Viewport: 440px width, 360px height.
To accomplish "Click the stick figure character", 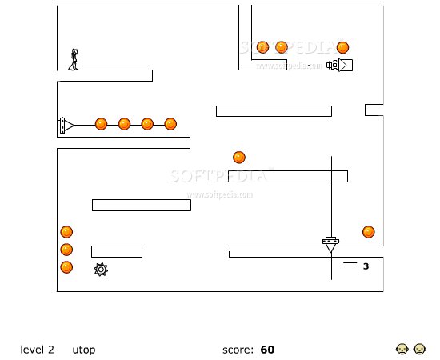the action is tap(74, 59).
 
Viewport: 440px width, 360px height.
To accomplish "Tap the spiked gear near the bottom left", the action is tap(101, 270).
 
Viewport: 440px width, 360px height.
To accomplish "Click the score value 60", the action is tap(267, 350).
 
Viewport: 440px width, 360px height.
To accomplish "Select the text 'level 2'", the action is tap(37, 350).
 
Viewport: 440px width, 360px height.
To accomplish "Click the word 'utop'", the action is tap(84, 350).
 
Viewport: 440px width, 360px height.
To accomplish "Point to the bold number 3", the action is tap(366, 266).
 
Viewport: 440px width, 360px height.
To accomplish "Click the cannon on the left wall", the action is tap(66, 125).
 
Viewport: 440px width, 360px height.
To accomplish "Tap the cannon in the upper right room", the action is tap(339, 65).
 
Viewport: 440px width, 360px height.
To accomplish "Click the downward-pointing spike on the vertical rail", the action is tap(331, 245).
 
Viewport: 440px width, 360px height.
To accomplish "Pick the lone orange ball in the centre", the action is tap(239, 158).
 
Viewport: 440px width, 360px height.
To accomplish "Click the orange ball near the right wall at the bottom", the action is tap(369, 232).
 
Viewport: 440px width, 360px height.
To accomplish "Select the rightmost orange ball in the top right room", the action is tap(342, 47).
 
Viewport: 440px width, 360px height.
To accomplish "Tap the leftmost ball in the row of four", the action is tap(101, 124).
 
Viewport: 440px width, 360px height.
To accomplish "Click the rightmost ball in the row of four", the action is tap(170, 124).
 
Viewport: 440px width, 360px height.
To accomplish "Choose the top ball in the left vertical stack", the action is tap(66, 232).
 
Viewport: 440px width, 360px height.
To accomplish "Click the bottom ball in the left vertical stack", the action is tap(66, 267).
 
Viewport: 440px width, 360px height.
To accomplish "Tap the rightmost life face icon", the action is tap(419, 349).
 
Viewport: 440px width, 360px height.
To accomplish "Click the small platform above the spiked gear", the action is tap(117, 251).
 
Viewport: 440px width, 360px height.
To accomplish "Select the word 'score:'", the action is tap(238, 350).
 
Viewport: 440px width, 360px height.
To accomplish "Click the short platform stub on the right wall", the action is tap(374, 110).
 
